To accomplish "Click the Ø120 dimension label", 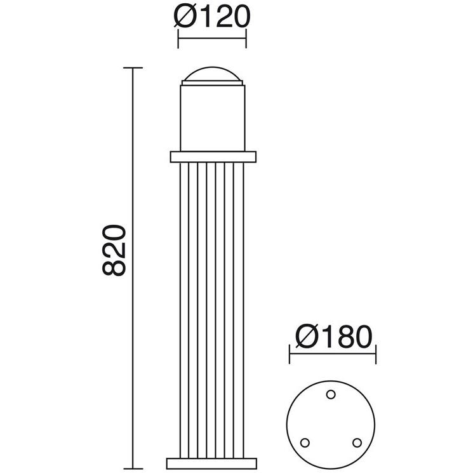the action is click(212, 17).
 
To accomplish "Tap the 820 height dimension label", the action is click(114, 250).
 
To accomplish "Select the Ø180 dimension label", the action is click(334, 336).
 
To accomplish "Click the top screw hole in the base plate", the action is click(331, 394).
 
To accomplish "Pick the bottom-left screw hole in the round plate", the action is click(305, 443).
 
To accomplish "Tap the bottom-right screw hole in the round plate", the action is click(357, 443).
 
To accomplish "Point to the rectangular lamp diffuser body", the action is click(213, 118).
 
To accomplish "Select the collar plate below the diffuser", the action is click(213, 157).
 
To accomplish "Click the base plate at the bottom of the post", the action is click(212, 463).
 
